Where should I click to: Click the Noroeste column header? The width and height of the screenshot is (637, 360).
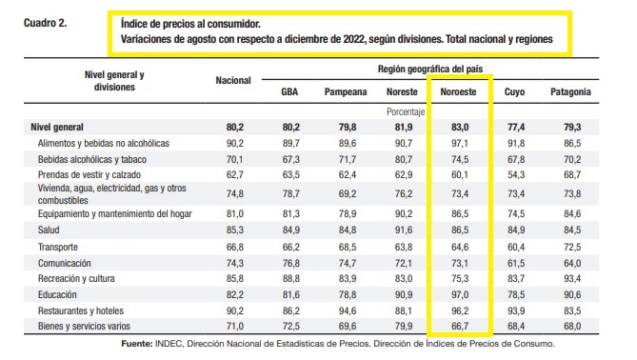tap(458, 91)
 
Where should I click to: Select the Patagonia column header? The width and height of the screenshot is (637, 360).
tap(570, 91)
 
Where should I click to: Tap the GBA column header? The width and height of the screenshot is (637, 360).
tap(289, 91)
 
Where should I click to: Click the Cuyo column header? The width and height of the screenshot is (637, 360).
tap(514, 92)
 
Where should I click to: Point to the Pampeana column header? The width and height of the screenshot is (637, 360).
tap(346, 92)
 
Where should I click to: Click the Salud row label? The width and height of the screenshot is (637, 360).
tap(49, 230)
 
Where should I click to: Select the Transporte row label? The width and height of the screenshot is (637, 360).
tap(58, 247)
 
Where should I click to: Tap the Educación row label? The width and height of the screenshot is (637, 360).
tap(57, 294)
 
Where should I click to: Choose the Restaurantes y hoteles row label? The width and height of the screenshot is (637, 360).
tap(80, 310)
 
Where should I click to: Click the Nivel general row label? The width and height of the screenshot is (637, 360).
tap(57, 128)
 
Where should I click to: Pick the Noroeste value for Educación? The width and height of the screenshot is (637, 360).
tap(460, 294)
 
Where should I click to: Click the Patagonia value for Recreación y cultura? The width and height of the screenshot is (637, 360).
tap(572, 279)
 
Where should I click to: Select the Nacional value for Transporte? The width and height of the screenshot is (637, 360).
tap(235, 247)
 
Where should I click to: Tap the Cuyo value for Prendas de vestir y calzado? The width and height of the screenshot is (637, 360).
tap(516, 174)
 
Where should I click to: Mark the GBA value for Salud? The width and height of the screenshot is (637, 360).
tap(290, 230)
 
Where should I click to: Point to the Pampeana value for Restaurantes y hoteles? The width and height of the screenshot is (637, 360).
tap(348, 310)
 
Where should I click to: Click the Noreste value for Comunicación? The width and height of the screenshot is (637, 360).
tap(404, 263)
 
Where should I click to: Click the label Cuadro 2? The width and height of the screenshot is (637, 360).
tap(45, 23)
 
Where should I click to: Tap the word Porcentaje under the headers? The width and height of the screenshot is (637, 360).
tap(406, 111)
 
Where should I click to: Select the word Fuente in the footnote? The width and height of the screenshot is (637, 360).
tap(136, 344)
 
